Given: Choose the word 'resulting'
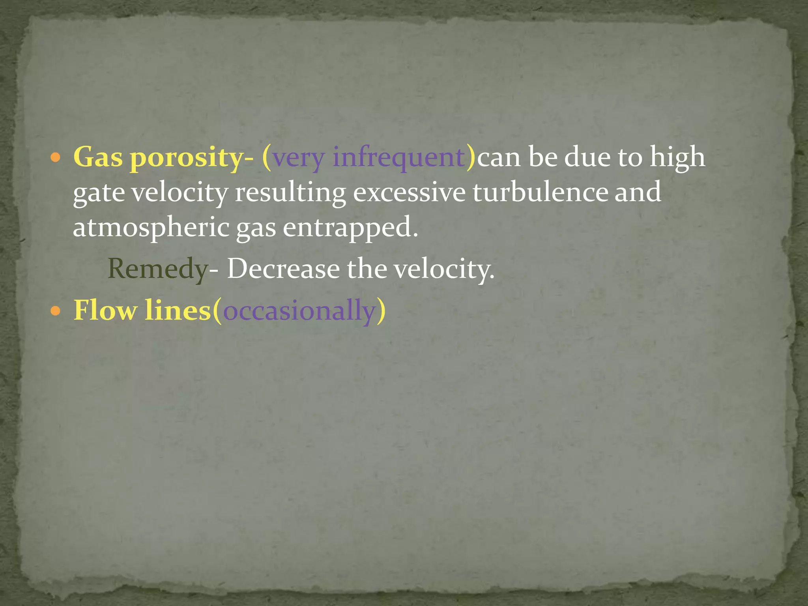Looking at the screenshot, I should click(x=290, y=193).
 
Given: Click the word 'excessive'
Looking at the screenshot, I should click(x=409, y=193).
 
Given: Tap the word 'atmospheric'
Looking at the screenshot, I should click(x=151, y=228).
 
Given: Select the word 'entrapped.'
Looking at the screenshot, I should click(x=350, y=228).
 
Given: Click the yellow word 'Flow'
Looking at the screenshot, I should click(x=105, y=310).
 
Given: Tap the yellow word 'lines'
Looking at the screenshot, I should click(x=178, y=310).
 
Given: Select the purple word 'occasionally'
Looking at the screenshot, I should click(x=299, y=311).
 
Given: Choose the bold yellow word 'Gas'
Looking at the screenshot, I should click(x=98, y=157).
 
